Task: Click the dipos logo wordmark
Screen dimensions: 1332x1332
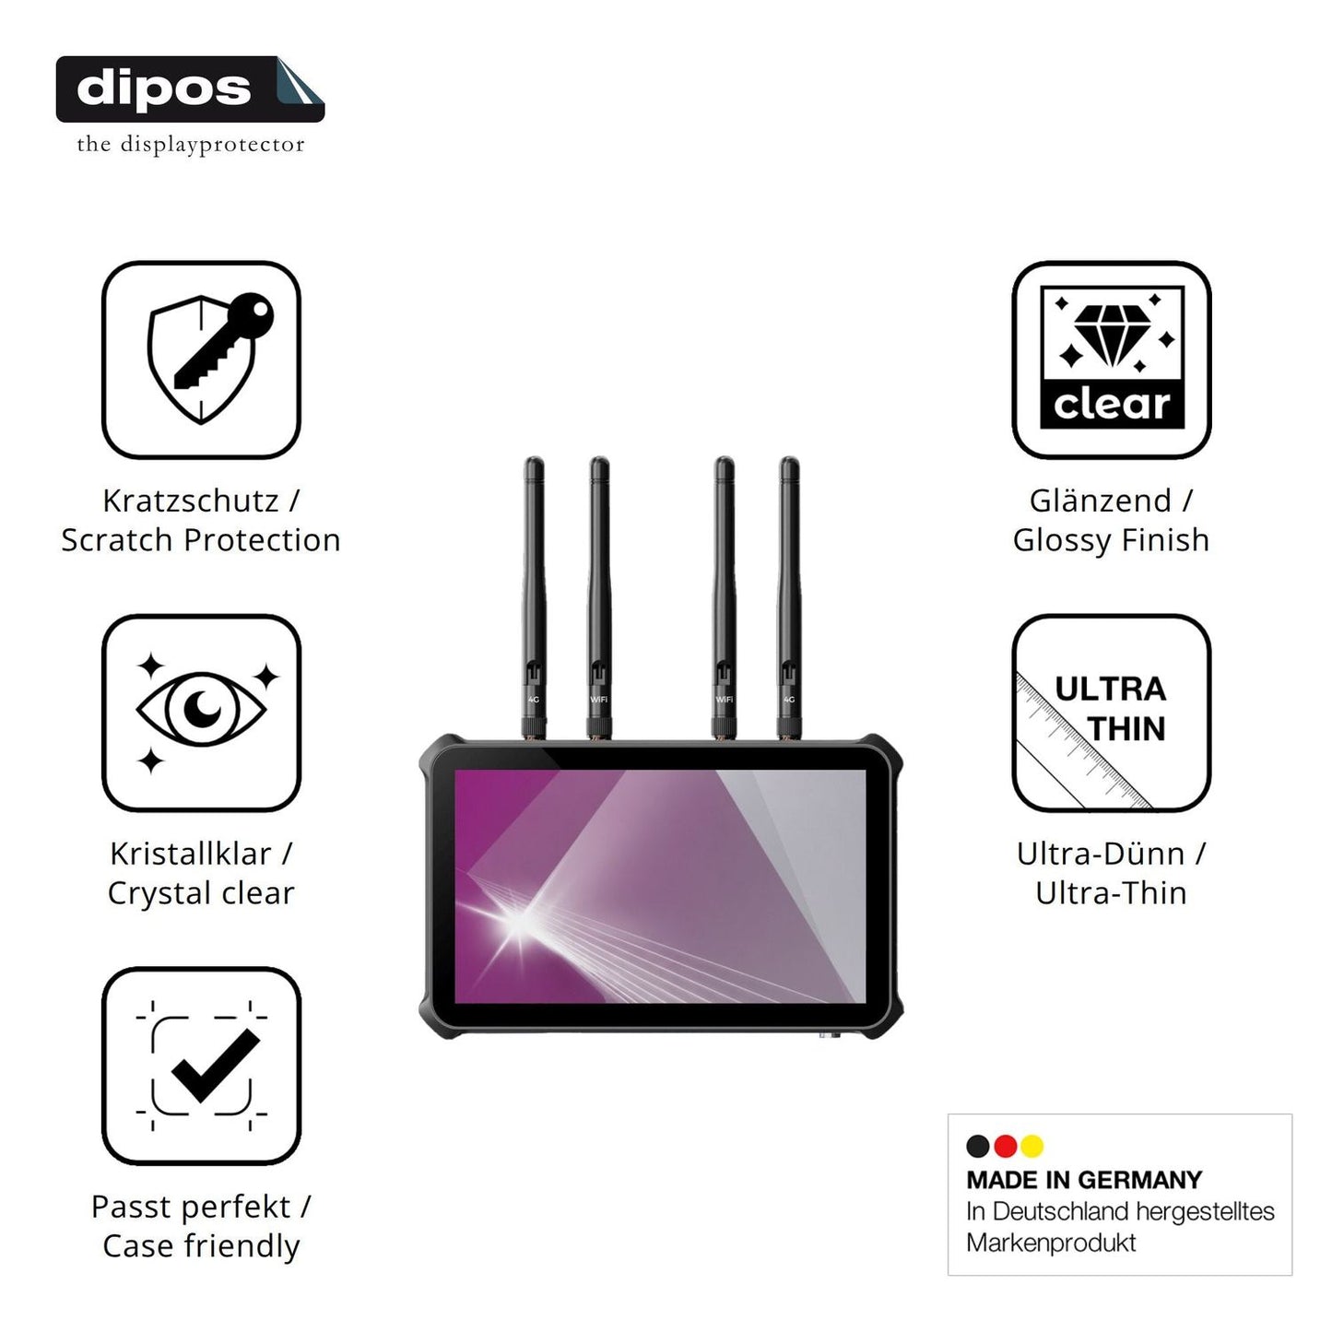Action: click(x=164, y=89)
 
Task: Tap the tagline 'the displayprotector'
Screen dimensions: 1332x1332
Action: click(x=191, y=145)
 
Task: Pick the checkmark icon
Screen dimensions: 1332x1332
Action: click(x=214, y=1066)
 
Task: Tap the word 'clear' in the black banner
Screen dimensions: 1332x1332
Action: click(x=1112, y=404)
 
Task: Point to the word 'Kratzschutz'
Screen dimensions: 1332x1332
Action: click(x=191, y=501)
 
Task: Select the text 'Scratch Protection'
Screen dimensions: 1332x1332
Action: click(x=201, y=540)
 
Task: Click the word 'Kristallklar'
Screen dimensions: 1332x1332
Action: click(x=191, y=854)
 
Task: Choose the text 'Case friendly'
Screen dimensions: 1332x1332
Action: click(x=201, y=1245)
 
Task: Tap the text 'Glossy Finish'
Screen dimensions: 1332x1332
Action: click(x=1111, y=540)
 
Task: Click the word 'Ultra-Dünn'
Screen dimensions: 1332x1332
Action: click(x=1101, y=854)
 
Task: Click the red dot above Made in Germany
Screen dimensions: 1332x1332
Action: click(x=1005, y=1146)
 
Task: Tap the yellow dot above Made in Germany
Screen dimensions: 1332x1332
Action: click(x=1032, y=1146)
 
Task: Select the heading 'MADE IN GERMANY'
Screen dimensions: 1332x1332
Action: click(x=1084, y=1180)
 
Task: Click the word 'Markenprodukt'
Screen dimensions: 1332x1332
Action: click(x=1051, y=1243)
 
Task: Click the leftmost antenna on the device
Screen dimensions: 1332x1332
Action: click(x=534, y=598)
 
